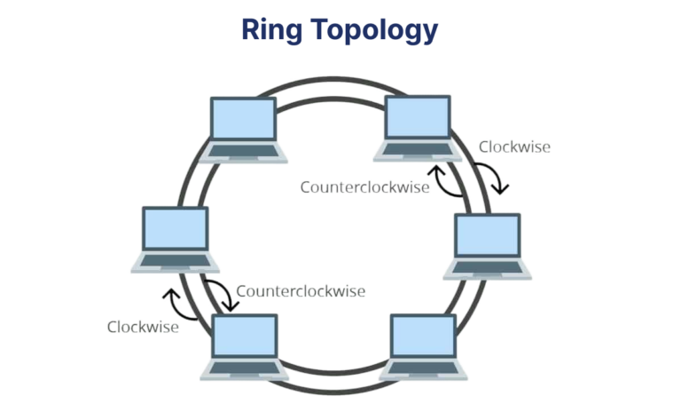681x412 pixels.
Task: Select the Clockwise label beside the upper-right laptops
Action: coord(514,147)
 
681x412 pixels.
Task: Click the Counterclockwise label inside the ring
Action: coord(364,187)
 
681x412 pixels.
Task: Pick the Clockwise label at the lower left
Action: coord(143,327)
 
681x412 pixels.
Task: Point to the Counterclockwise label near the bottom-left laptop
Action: coord(301,290)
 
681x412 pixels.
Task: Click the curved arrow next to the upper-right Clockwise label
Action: coord(491,178)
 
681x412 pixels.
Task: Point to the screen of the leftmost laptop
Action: coord(176,230)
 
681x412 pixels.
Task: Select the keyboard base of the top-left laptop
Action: coord(243,153)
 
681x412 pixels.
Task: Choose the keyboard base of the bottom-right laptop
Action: coord(423,370)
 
